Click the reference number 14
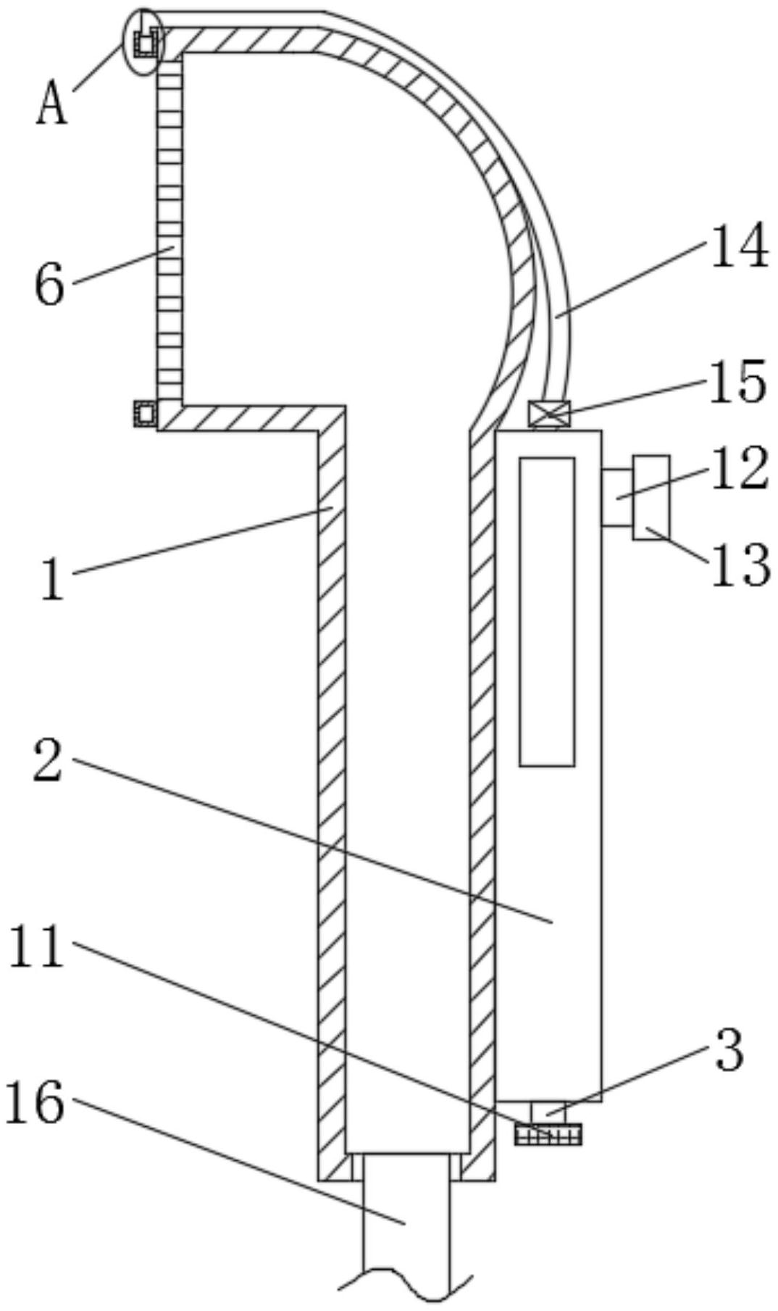pyautogui.click(x=739, y=246)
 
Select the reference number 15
pyautogui.click(x=737, y=382)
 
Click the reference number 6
pyautogui.click(x=49, y=285)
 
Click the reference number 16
pyautogui.click(x=34, y=1103)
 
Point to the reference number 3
pyautogui.click(x=729, y=1051)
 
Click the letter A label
pyautogui.click(x=51, y=104)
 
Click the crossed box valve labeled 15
pyautogui.click(x=548, y=415)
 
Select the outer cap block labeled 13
pyautogui.click(x=651, y=497)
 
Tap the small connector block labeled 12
pyautogui.click(x=616, y=497)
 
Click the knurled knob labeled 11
pyautogui.click(x=548, y=1134)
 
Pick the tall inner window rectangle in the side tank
pyautogui.click(x=547, y=611)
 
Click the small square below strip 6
pyautogui.click(x=145, y=415)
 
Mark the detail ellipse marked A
pyautogui.click(x=144, y=41)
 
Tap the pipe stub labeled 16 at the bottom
pyautogui.click(x=406, y=1225)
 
